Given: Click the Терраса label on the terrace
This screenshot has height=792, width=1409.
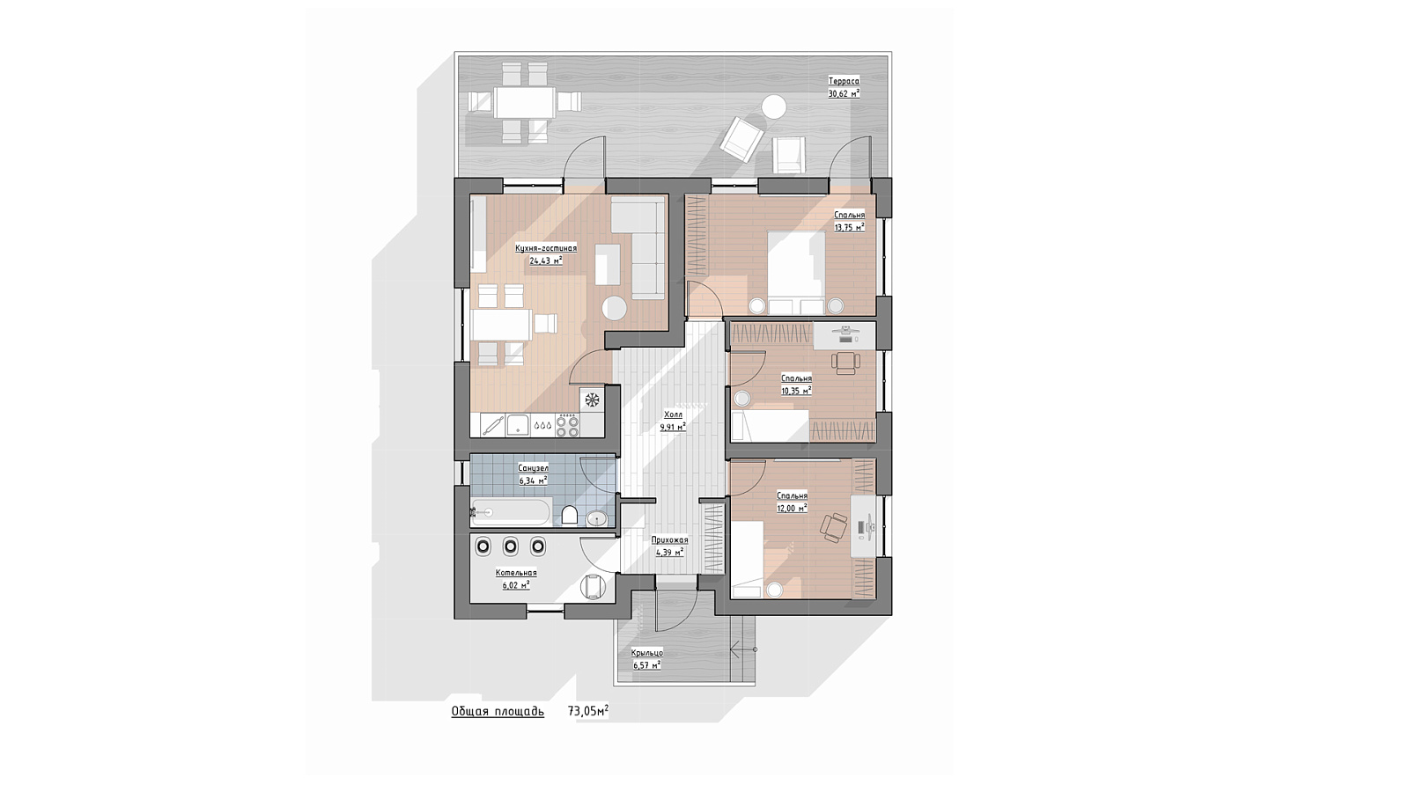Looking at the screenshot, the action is pyautogui.click(x=844, y=81).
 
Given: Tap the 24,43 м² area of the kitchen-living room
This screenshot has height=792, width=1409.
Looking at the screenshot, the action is pyautogui.click(x=545, y=260).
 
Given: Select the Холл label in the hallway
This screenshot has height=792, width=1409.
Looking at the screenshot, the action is pyautogui.click(x=673, y=414).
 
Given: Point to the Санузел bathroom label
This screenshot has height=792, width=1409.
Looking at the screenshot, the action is pyautogui.click(x=534, y=468).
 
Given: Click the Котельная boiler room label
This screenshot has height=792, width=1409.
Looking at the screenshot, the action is pyautogui.click(x=516, y=573).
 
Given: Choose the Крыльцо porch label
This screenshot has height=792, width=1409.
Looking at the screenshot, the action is pyautogui.click(x=646, y=653).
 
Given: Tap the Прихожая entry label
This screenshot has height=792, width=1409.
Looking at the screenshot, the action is pyautogui.click(x=670, y=540).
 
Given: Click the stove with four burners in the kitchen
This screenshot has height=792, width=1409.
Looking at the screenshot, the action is pyautogui.click(x=568, y=424).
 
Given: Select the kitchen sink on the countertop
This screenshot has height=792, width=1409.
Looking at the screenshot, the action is pyautogui.click(x=519, y=425).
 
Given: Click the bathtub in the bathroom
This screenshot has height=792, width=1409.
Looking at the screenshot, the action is pyautogui.click(x=511, y=512).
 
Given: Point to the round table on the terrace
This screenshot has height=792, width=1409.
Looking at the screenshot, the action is pyautogui.click(x=773, y=106).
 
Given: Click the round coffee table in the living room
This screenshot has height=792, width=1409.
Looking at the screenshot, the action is pyautogui.click(x=614, y=308).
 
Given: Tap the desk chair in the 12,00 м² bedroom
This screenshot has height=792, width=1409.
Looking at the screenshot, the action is pyautogui.click(x=835, y=527).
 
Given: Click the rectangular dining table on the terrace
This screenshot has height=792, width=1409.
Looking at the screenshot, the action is pyautogui.click(x=525, y=102).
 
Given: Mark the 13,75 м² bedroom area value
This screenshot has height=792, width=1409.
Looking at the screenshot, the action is pyautogui.click(x=849, y=228).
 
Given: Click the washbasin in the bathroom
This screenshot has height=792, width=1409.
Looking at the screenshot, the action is pyautogui.click(x=597, y=518).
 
